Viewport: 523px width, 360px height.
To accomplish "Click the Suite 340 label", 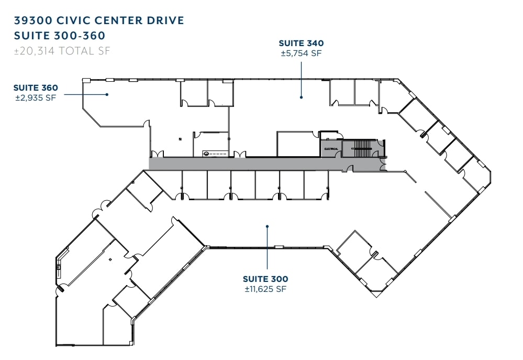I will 301,43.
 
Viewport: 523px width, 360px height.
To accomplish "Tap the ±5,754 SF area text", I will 301,53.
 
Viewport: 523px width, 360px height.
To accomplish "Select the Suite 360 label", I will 36,88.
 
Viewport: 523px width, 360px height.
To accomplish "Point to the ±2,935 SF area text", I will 36,97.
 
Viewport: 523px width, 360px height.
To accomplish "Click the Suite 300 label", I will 265,279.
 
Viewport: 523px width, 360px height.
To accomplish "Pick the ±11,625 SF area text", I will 265,289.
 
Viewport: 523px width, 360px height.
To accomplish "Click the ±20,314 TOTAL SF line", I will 63,51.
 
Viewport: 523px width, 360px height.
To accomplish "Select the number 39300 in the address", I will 32,20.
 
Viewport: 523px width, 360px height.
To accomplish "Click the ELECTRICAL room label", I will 331,149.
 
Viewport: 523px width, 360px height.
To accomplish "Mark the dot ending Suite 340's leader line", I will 302,97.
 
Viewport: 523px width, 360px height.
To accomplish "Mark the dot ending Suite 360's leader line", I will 107,94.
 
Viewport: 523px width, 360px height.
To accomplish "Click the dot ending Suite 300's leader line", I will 267,226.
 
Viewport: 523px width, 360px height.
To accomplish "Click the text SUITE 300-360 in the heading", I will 60,36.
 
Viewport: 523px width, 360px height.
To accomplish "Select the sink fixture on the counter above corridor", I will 206,154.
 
